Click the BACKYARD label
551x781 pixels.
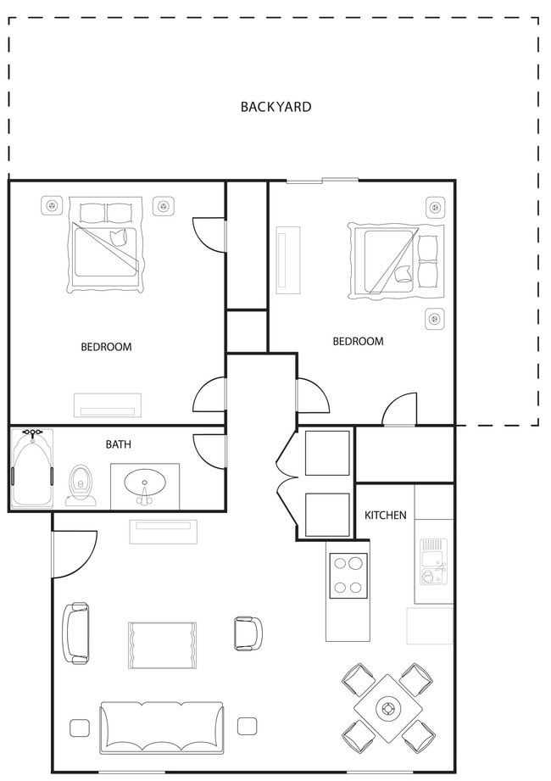(x=275, y=107)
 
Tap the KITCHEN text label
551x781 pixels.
(x=385, y=515)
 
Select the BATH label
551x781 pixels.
(x=119, y=443)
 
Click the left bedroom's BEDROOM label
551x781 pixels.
(x=106, y=346)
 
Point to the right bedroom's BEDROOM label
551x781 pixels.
(x=358, y=341)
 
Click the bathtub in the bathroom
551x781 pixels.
(x=32, y=469)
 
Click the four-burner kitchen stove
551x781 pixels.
(x=348, y=576)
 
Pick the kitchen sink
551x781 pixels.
(x=433, y=561)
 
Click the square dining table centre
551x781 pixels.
(x=388, y=707)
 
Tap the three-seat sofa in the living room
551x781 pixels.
(x=162, y=727)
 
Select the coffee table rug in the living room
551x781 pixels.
(x=162, y=644)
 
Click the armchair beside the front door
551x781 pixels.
(x=75, y=633)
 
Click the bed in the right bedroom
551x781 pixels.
(x=396, y=261)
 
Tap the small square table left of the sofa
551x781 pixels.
(x=80, y=727)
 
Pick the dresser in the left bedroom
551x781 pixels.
(x=106, y=405)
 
